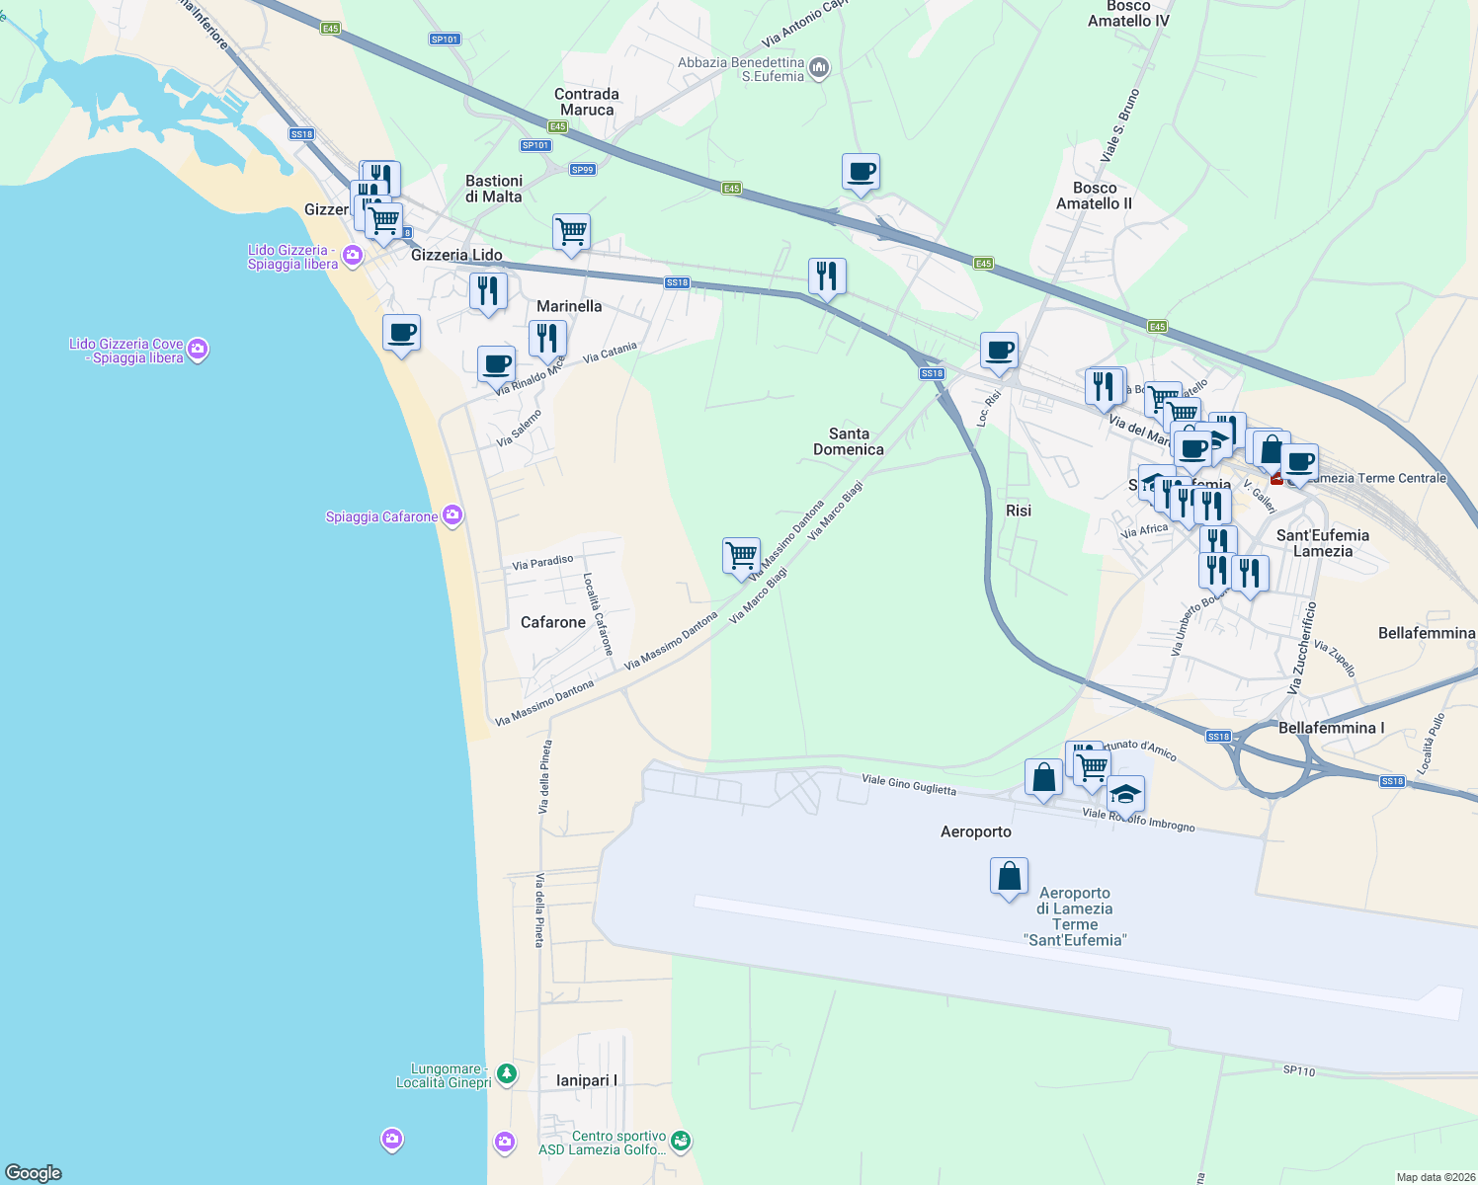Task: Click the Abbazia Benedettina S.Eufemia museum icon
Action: pyautogui.click(x=819, y=68)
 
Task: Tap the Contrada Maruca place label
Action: pyautogui.click(x=587, y=102)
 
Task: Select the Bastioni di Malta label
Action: pyautogui.click(x=494, y=189)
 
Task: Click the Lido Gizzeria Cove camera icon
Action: pyautogui.click(x=198, y=349)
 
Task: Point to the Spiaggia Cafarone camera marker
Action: pyautogui.click(x=452, y=515)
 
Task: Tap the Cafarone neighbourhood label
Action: pyautogui.click(x=553, y=622)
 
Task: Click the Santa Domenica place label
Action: pyautogui.click(x=849, y=441)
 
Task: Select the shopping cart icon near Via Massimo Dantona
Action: pyautogui.click(x=741, y=556)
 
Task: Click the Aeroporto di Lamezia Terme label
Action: pyautogui.click(x=1075, y=916)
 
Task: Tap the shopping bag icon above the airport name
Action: pyautogui.click(x=1009, y=877)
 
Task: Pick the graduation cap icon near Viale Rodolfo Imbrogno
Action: pyautogui.click(x=1125, y=794)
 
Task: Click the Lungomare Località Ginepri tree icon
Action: pyautogui.click(x=507, y=1073)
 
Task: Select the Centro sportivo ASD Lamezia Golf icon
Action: pyautogui.click(x=681, y=1143)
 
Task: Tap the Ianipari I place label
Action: pyautogui.click(x=586, y=1080)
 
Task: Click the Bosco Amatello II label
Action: pyautogui.click(x=1095, y=196)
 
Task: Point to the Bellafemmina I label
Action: pyautogui.click(x=1331, y=728)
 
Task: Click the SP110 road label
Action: pyautogui.click(x=1299, y=1070)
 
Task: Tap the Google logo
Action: pyautogui.click(x=34, y=1173)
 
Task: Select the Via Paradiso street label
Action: pyautogui.click(x=542, y=563)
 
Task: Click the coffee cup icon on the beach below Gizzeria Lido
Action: pyautogui.click(x=401, y=333)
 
